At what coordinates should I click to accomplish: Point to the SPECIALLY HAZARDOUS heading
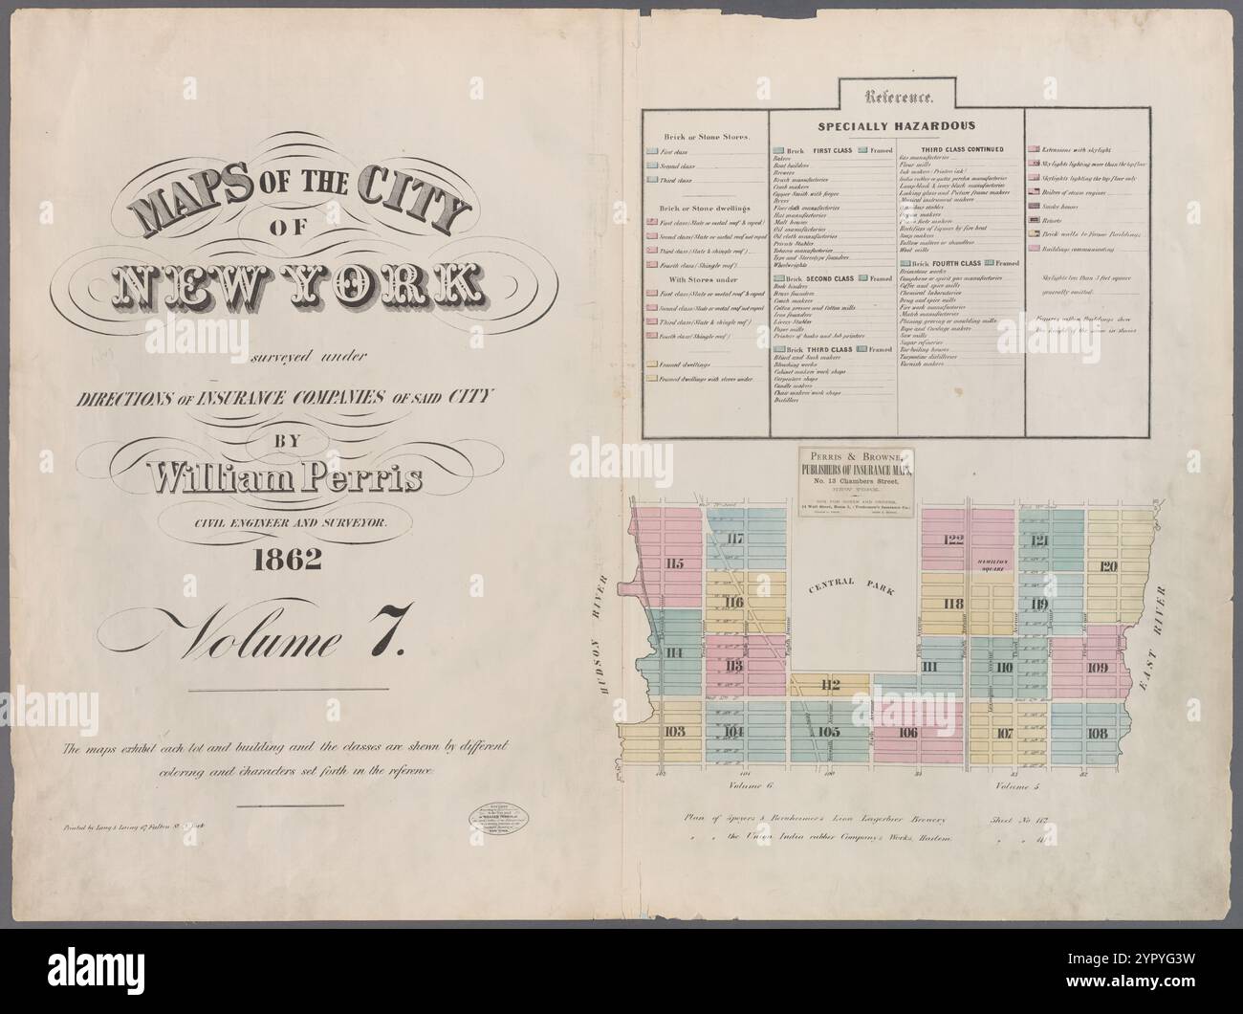click(896, 125)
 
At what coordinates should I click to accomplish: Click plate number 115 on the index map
click(675, 562)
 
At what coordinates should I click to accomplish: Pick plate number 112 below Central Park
click(829, 684)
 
